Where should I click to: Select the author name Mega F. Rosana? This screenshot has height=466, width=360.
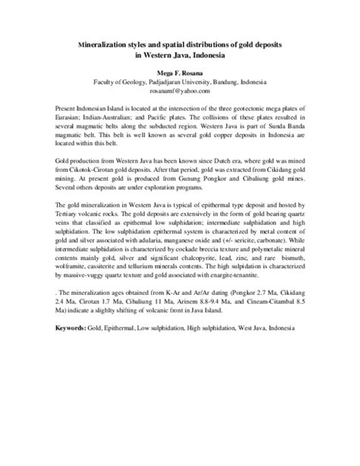(x=179, y=71)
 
